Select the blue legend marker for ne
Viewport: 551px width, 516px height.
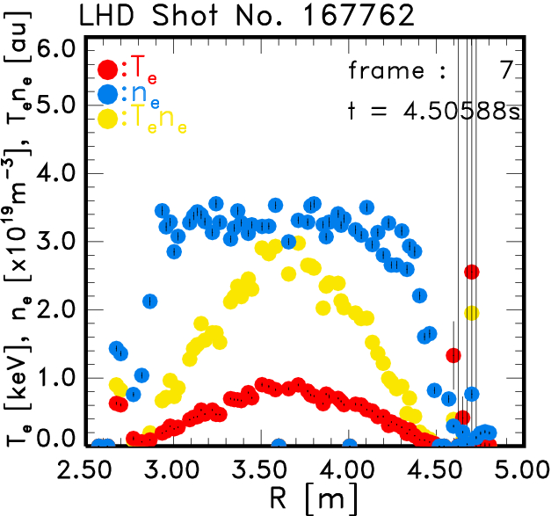point(108,94)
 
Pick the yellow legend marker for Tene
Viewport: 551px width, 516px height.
point(108,119)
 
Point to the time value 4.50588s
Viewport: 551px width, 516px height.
point(430,110)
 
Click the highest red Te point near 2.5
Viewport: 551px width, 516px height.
point(472,272)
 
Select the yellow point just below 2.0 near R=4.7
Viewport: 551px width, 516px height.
point(472,313)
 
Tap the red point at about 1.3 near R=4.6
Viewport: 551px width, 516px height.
point(453,355)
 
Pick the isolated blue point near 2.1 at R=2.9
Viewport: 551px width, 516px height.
point(150,302)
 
